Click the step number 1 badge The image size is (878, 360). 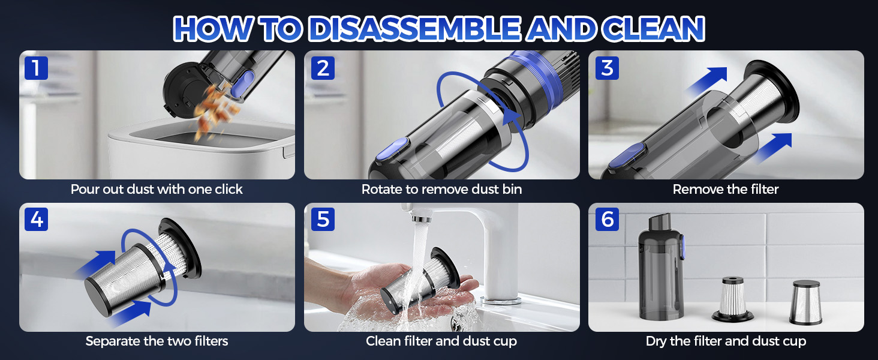pos(36,68)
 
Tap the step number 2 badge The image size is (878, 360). pos(323,68)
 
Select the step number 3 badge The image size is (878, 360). pos(607,68)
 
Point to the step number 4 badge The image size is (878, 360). pos(36,219)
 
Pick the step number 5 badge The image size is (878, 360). pos(323,219)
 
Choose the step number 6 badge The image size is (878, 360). pos(607,219)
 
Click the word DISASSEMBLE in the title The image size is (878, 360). pos(414,29)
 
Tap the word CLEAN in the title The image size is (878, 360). pos(653,29)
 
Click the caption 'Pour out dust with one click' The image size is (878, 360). pos(157,190)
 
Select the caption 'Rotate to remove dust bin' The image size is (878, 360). pos(441,190)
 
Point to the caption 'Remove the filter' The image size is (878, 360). pos(726,190)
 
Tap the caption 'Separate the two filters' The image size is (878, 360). pos(157,341)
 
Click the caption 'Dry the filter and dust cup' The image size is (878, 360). pos(726,341)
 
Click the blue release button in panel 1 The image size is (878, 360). pos(239,84)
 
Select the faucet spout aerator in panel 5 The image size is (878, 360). pos(420,218)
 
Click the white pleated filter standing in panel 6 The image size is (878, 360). pos(733,299)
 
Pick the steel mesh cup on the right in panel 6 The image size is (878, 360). pos(806,302)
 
